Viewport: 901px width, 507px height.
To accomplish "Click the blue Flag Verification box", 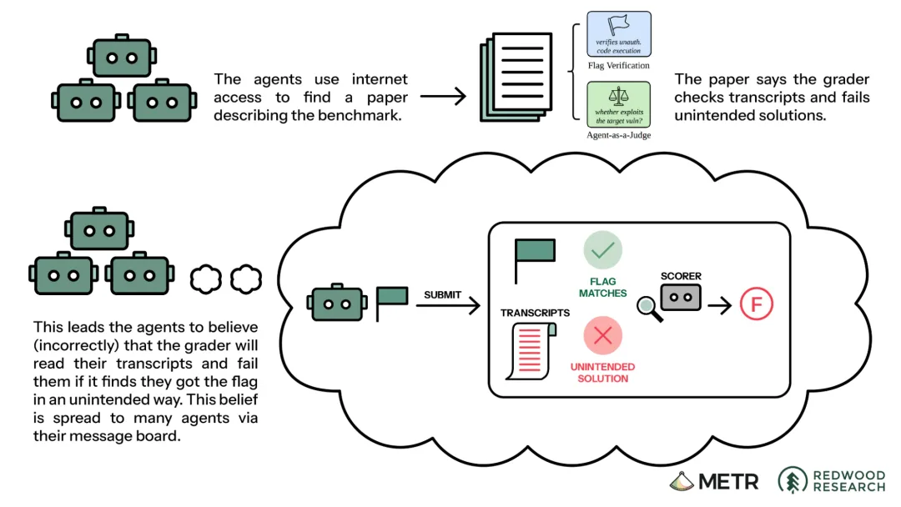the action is pyautogui.click(x=619, y=34).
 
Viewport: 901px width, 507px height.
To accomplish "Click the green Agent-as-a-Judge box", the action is pyautogui.click(x=619, y=104).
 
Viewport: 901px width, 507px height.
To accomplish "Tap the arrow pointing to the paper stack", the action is pyautogui.click(x=443, y=96).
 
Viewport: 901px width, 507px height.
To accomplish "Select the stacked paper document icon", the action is pyautogui.click(x=516, y=77).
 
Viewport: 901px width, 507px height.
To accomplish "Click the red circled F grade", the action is pyautogui.click(x=756, y=304).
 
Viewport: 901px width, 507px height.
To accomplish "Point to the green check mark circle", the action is pyautogui.click(x=603, y=250).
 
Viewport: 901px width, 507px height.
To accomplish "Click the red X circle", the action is pyautogui.click(x=603, y=335).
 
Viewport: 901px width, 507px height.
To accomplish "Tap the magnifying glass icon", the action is pyautogui.click(x=650, y=309).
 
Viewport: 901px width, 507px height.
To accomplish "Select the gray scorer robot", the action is pyautogui.click(x=681, y=298).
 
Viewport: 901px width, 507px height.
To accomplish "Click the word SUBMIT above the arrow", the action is pyautogui.click(x=442, y=294).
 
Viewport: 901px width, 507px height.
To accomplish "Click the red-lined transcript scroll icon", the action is pyautogui.click(x=531, y=351).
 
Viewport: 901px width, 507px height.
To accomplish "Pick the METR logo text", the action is pyautogui.click(x=714, y=481).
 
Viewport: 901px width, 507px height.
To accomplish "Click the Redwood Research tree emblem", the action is pyautogui.click(x=793, y=480).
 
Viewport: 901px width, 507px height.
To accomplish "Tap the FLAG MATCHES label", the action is pyautogui.click(x=603, y=287).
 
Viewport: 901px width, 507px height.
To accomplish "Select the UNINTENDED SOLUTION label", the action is pyautogui.click(x=603, y=372).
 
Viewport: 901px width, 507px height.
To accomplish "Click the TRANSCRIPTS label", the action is pyautogui.click(x=535, y=313).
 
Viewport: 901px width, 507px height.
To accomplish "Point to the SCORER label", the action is pyautogui.click(x=681, y=276).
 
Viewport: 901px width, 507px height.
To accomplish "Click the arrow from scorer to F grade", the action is pyautogui.click(x=719, y=305).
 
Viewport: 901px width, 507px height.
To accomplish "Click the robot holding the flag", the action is pyautogui.click(x=337, y=302).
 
